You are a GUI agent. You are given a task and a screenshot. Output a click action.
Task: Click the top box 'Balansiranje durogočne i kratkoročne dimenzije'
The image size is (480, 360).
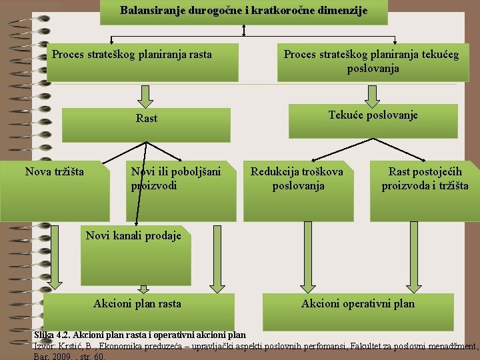pyautogui.click(x=243, y=11)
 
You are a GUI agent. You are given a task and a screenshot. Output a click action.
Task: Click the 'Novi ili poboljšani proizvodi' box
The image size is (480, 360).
pyautogui.click(x=183, y=190)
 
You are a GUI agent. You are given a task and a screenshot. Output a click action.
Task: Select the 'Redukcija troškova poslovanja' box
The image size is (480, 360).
pyautogui.click(x=297, y=190)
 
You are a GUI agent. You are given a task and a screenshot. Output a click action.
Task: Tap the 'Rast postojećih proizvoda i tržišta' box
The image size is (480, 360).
pyautogui.click(x=425, y=190)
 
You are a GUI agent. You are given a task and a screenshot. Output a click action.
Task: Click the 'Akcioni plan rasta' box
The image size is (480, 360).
pyautogui.click(x=138, y=311)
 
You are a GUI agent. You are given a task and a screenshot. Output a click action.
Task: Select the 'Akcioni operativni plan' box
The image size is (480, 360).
pyautogui.click(x=358, y=311)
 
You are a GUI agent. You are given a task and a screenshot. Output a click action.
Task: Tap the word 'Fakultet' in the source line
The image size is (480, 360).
pyautogui.click(x=364, y=346)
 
